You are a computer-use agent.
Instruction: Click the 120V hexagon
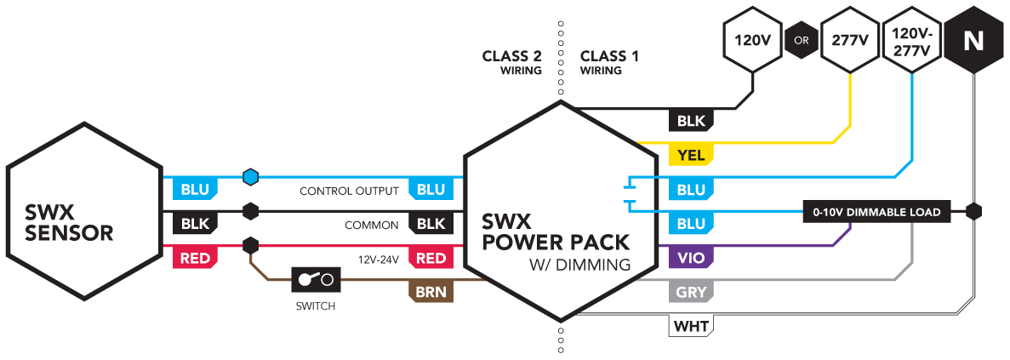753,41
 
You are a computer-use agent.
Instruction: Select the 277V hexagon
850,41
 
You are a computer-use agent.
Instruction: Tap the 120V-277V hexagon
911,41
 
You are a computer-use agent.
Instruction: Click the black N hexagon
973,41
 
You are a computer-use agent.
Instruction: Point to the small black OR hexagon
802,41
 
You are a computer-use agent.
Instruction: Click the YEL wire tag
691,155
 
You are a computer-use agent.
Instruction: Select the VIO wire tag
691,258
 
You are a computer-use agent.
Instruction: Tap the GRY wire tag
691,293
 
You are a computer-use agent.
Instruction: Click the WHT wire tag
691,327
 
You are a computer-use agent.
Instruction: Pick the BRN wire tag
431,293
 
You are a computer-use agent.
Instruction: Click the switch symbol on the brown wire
316,279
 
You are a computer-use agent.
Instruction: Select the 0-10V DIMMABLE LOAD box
876,212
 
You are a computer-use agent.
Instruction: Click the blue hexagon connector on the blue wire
250,177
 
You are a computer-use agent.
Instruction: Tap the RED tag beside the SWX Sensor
195,258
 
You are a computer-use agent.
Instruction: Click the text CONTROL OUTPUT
349,191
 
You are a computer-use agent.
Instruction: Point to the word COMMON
372,226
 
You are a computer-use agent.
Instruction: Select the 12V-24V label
378,259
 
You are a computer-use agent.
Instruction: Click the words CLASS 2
511,57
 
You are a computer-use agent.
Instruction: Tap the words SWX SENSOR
69,223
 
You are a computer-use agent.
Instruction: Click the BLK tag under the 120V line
691,121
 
